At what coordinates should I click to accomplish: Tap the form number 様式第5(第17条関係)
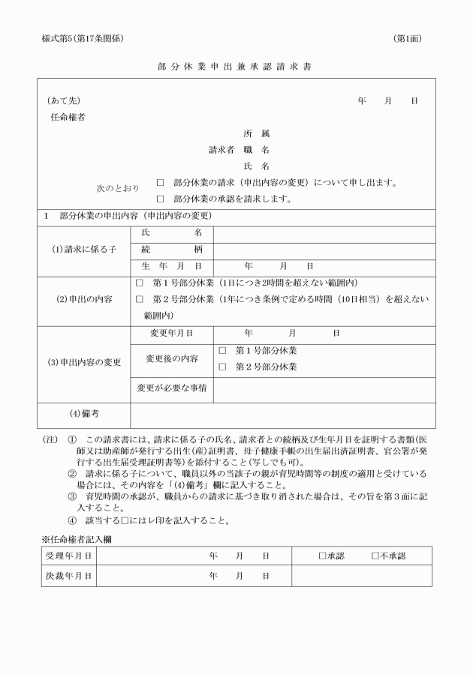pyautogui.click(x=83, y=38)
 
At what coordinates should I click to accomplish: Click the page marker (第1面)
pyautogui.click(x=408, y=38)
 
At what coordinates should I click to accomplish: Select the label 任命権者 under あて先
pyautogui.click(x=67, y=117)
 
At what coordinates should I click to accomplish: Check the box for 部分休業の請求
pyautogui.click(x=161, y=182)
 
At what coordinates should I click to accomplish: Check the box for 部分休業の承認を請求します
pyautogui.click(x=161, y=199)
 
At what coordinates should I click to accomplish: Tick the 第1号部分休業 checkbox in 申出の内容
pyautogui.click(x=140, y=283)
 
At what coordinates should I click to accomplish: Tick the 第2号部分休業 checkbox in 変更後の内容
pyautogui.click(x=222, y=367)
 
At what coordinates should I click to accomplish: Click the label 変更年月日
pyautogui.click(x=171, y=332)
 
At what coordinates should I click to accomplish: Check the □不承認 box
pyautogui.click(x=375, y=556)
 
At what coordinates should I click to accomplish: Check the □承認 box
pyautogui.click(x=322, y=556)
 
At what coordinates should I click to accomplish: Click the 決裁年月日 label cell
pyautogui.click(x=68, y=576)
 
